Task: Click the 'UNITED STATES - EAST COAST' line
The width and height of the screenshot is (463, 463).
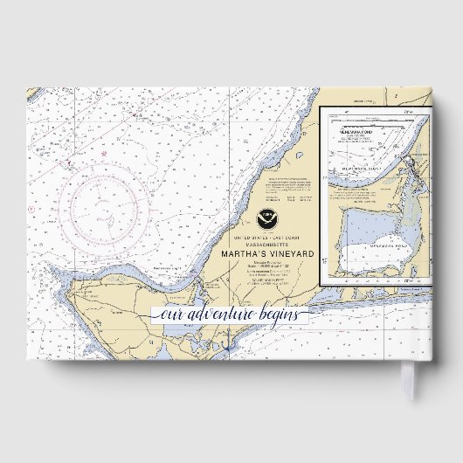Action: click(266, 237)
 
